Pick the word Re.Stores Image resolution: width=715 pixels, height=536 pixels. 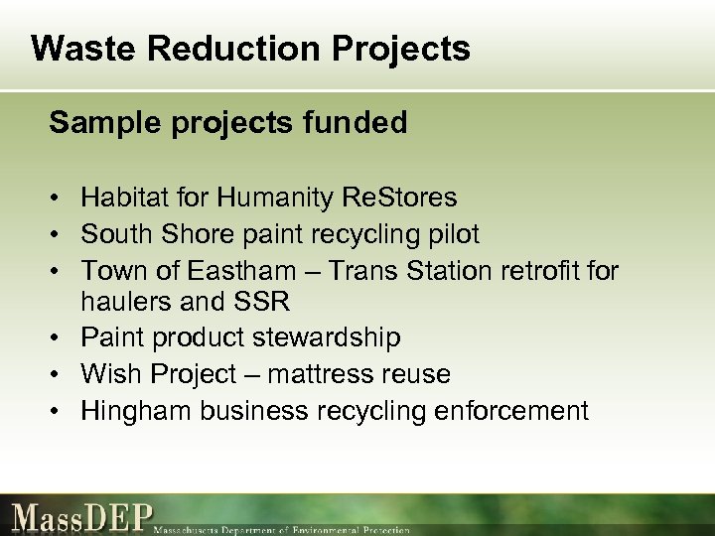tap(398, 199)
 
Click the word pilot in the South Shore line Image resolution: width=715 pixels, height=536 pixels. tap(456, 234)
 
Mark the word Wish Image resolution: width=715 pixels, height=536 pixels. tap(110, 374)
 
